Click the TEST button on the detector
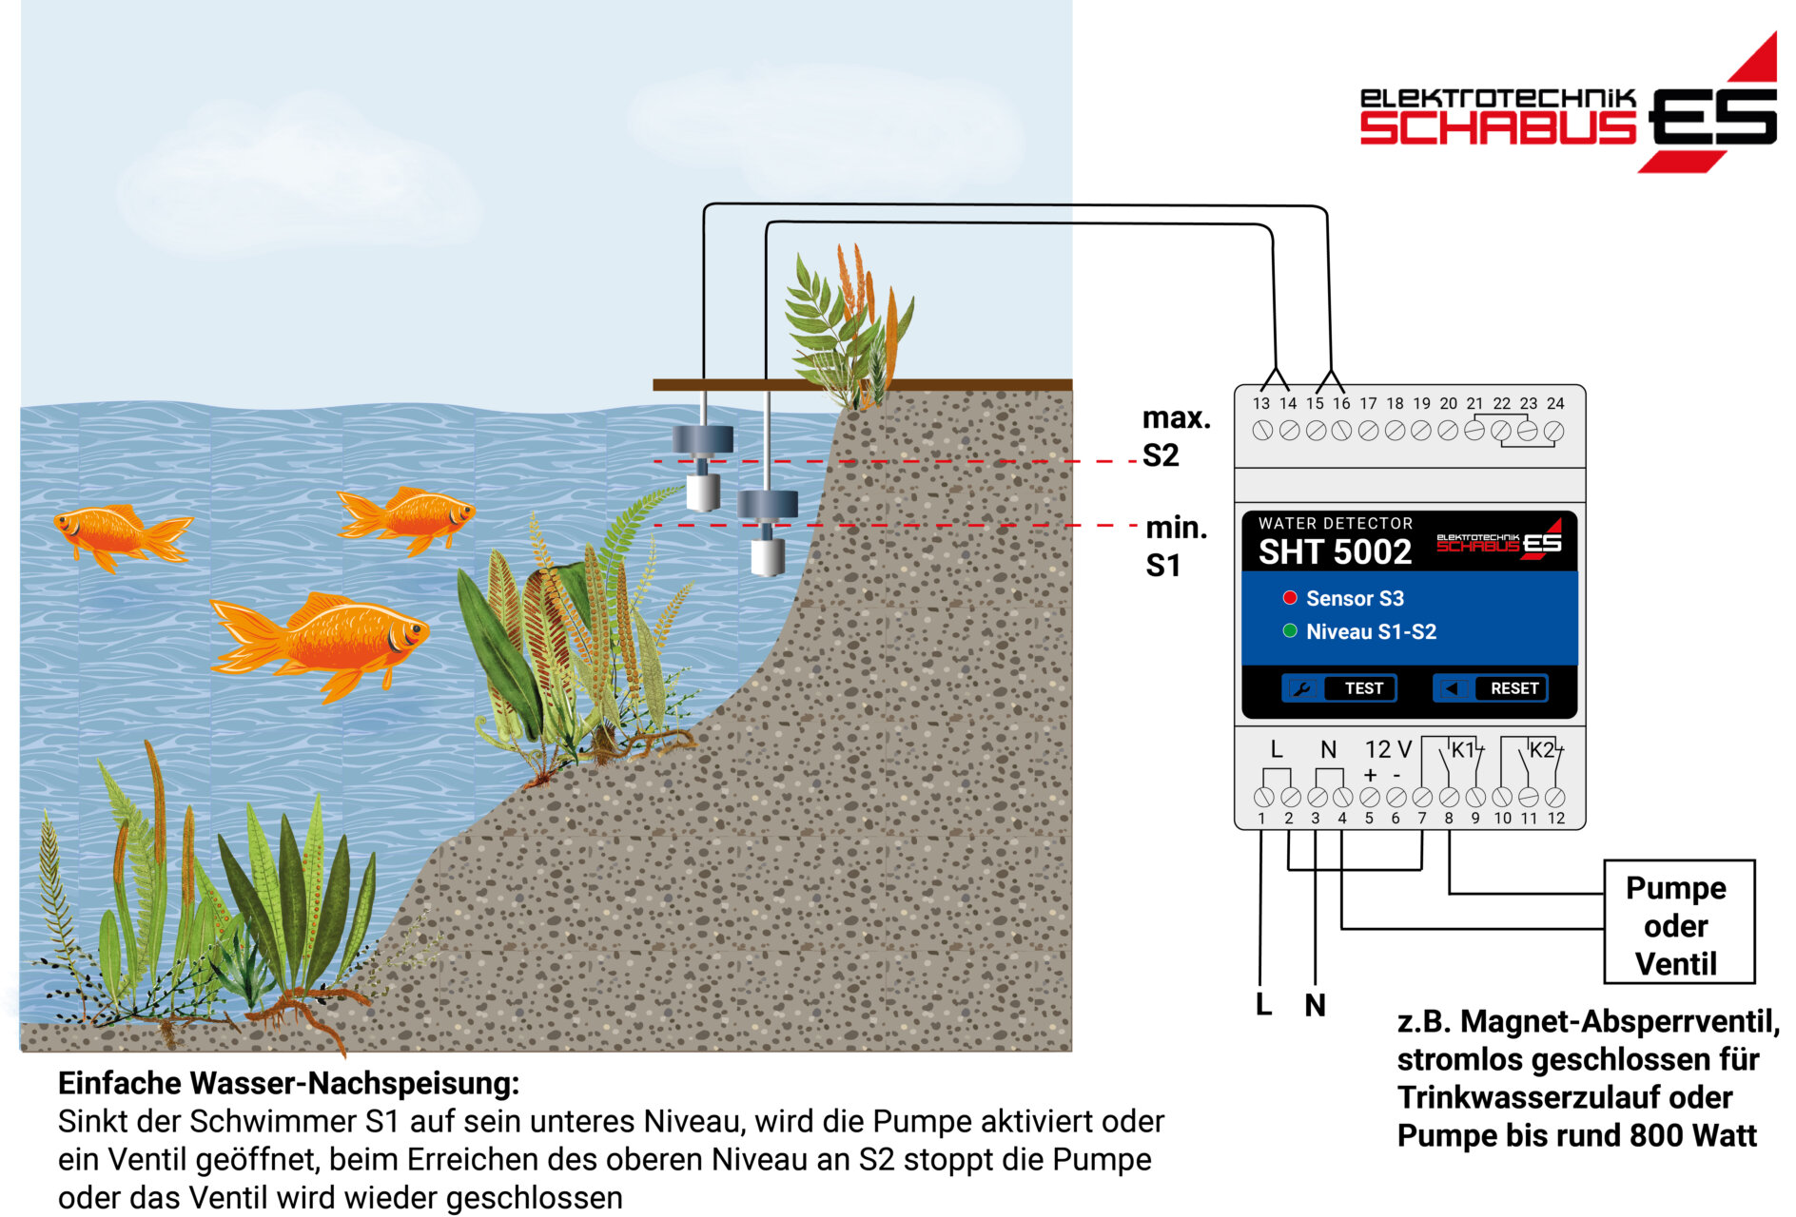point(1338,687)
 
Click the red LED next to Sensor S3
point(1290,598)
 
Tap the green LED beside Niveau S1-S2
point(1290,631)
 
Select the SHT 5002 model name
point(1335,551)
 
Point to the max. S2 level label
point(1176,436)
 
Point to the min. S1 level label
point(1176,546)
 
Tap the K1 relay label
point(1463,749)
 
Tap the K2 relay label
point(1542,749)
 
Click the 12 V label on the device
point(1388,749)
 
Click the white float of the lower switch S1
point(767,557)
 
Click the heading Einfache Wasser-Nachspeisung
point(289,1083)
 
